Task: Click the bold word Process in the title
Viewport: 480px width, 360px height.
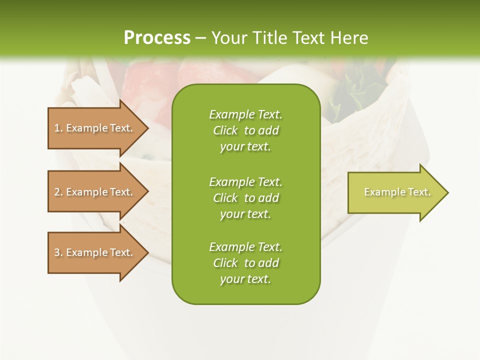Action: point(157,38)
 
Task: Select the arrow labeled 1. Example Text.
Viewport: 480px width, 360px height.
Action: point(95,128)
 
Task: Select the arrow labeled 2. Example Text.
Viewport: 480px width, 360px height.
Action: point(95,192)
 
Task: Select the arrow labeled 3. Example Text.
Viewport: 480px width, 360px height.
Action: point(95,252)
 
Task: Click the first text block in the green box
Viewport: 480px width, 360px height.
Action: point(245,130)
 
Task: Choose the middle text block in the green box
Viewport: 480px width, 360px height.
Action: point(245,198)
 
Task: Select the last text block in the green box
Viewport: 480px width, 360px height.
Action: point(245,263)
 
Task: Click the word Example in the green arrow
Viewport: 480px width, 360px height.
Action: point(380,192)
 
